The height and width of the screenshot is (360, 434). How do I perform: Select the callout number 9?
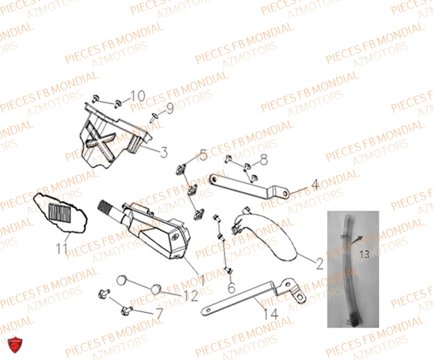pyautogui.click(x=169, y=108)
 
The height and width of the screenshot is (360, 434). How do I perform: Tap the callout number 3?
pyautogui.click(x=163, y=152)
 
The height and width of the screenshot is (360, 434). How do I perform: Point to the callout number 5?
pyautogui.click(x=203, y=155)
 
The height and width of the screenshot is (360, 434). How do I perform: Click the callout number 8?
pyautogui.click(x=264, y=161)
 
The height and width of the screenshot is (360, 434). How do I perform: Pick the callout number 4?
pyautogui.click(x=315, y=185)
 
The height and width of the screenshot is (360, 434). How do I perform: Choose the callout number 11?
pyautogui.click(x=61, y=248)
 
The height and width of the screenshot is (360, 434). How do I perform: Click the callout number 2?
pyautogui.click(x=319, y=264)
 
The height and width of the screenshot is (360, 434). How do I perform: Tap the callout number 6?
pyautogui.click(x=231, y=287)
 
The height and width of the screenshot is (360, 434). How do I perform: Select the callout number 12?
pyautogui.click(x=191, y=296)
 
